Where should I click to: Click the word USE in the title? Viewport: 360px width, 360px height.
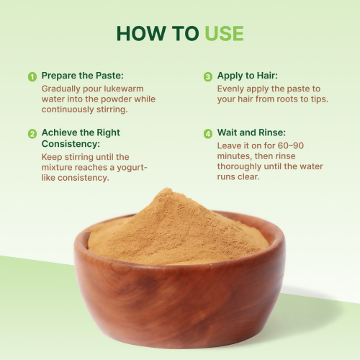pyautogui.click(x=224, y=33)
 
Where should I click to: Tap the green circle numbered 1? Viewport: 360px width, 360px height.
pyautogui.click(x=32, y=76)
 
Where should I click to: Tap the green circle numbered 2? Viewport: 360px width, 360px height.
pyautogui.click(x=32, y=134)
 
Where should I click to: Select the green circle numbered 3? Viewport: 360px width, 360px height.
pyautogui.click(x=208, y=76)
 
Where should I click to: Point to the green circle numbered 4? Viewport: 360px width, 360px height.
pyautogui.click(x=208, y=134)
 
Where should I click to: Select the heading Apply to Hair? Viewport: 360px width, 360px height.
pyautogui.click(x=248, y=76)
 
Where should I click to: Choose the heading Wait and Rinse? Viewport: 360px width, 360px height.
pyautogui.click(x=253, y=133)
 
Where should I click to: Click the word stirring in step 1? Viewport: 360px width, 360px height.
pyautogui.click(x=111, y=109)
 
